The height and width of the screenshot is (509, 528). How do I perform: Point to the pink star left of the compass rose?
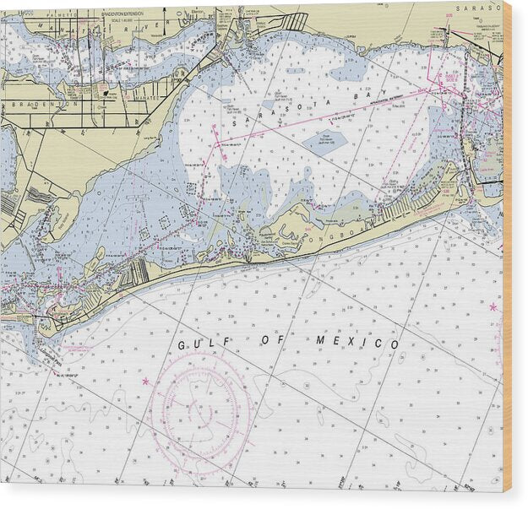pyautogui.click(x=145, y=382)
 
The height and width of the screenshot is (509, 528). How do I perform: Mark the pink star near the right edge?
pyautogui.click(x=493, y=306)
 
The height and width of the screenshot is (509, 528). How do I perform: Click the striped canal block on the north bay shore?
pyautogui.click(x=294, y=22)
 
